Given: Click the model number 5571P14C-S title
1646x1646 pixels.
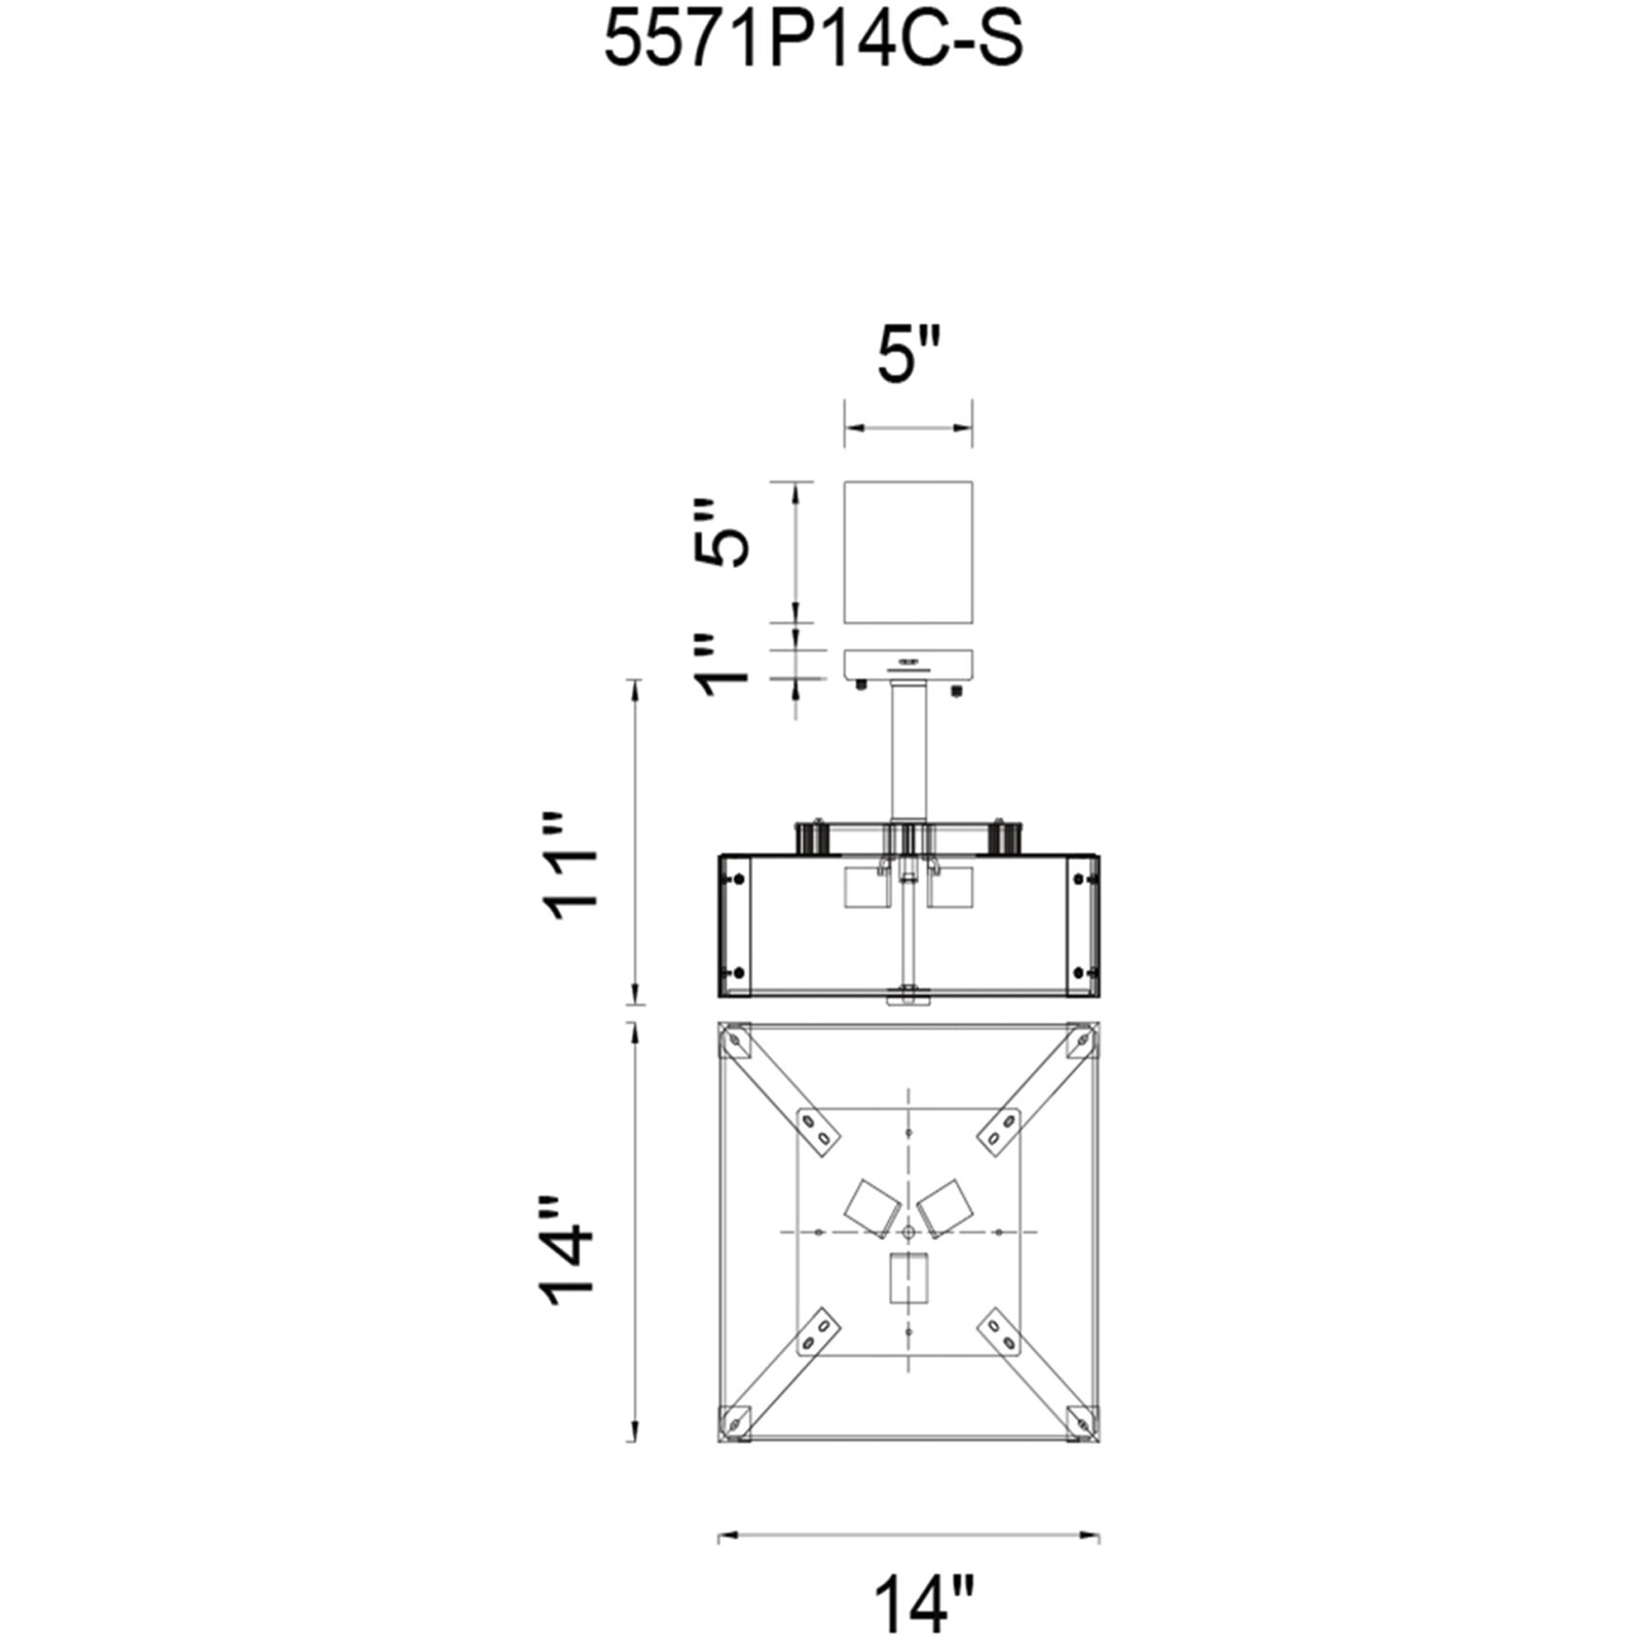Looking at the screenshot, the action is tap(814, 41).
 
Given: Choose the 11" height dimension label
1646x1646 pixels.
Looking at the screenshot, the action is tap(572, 862).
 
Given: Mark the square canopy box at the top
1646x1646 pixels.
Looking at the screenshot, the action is tap(908, 552).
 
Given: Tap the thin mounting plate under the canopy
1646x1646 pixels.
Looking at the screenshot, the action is tap(908, 663).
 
